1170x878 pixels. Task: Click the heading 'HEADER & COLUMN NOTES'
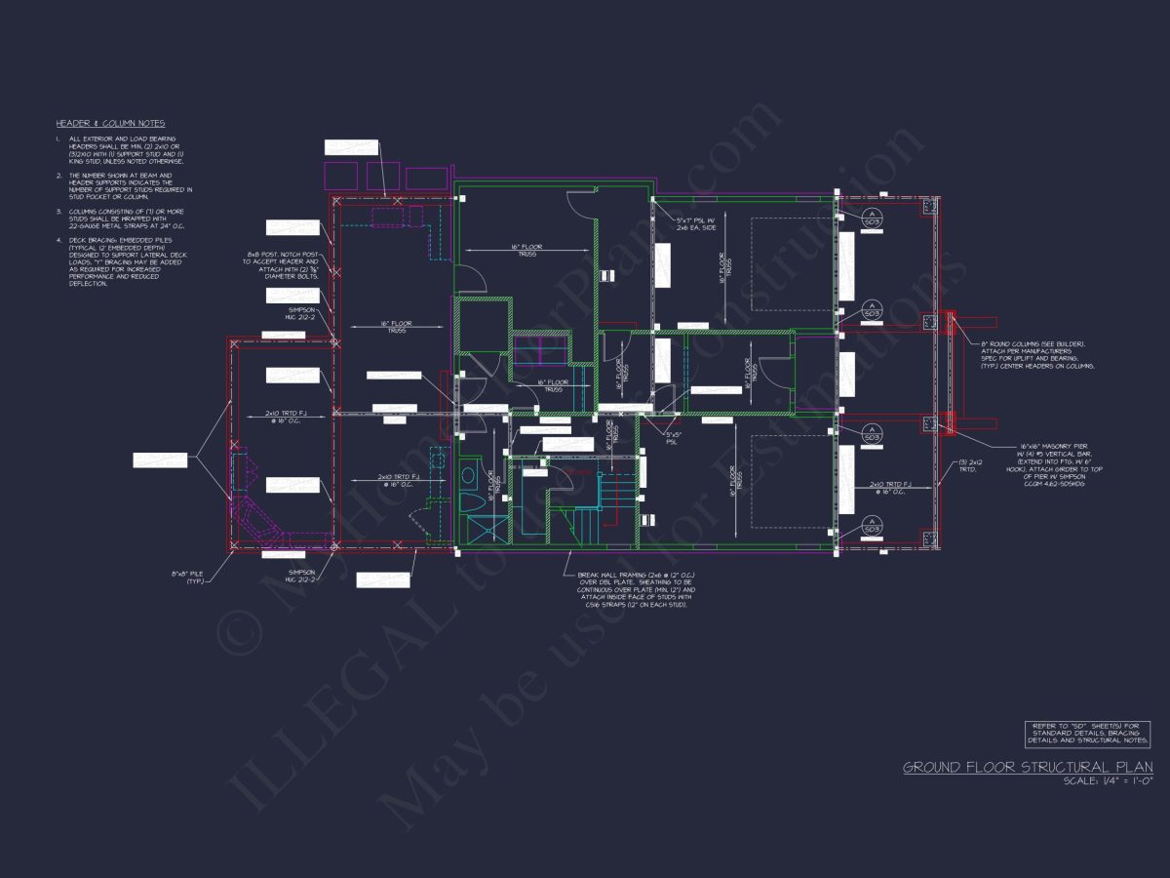pyautogui.click(x=110, y=124)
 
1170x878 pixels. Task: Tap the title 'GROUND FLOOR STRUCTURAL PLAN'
pyautogui.click(x=1027, y=768)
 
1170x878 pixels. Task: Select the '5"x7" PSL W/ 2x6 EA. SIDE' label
pyautogui.click(x=699, y=224)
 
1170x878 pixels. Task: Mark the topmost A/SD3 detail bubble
pyautogui.click(x=873, y=217)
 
